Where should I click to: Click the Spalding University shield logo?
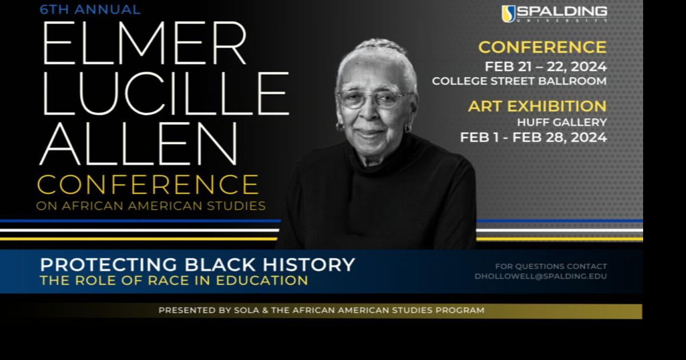(508, 14)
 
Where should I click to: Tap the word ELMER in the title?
(144, 44)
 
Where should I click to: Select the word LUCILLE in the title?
(165, 94)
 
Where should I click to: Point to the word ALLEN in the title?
(138, 144)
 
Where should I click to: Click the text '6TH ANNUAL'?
(90, 10)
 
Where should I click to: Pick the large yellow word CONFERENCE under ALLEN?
(148, 185)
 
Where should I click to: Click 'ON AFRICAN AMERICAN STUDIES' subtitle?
(151, 206)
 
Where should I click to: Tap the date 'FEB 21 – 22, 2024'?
(546, 67)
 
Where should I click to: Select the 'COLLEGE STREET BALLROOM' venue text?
(519, 81)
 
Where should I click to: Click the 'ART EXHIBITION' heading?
(537, 106)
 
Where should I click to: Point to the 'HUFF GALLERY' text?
(562, 123)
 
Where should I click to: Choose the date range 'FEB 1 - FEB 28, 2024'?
(533, 138)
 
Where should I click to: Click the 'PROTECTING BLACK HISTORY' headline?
(197, 265)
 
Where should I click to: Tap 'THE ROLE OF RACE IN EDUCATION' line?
(174, 281)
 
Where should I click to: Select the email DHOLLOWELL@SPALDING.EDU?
(540, 277)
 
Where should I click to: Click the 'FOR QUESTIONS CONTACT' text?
(551, 266)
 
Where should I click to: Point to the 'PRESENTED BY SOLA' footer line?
(321, 310)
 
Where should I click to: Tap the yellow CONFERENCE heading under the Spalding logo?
(542, 47)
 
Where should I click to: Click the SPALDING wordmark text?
(562, 12)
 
